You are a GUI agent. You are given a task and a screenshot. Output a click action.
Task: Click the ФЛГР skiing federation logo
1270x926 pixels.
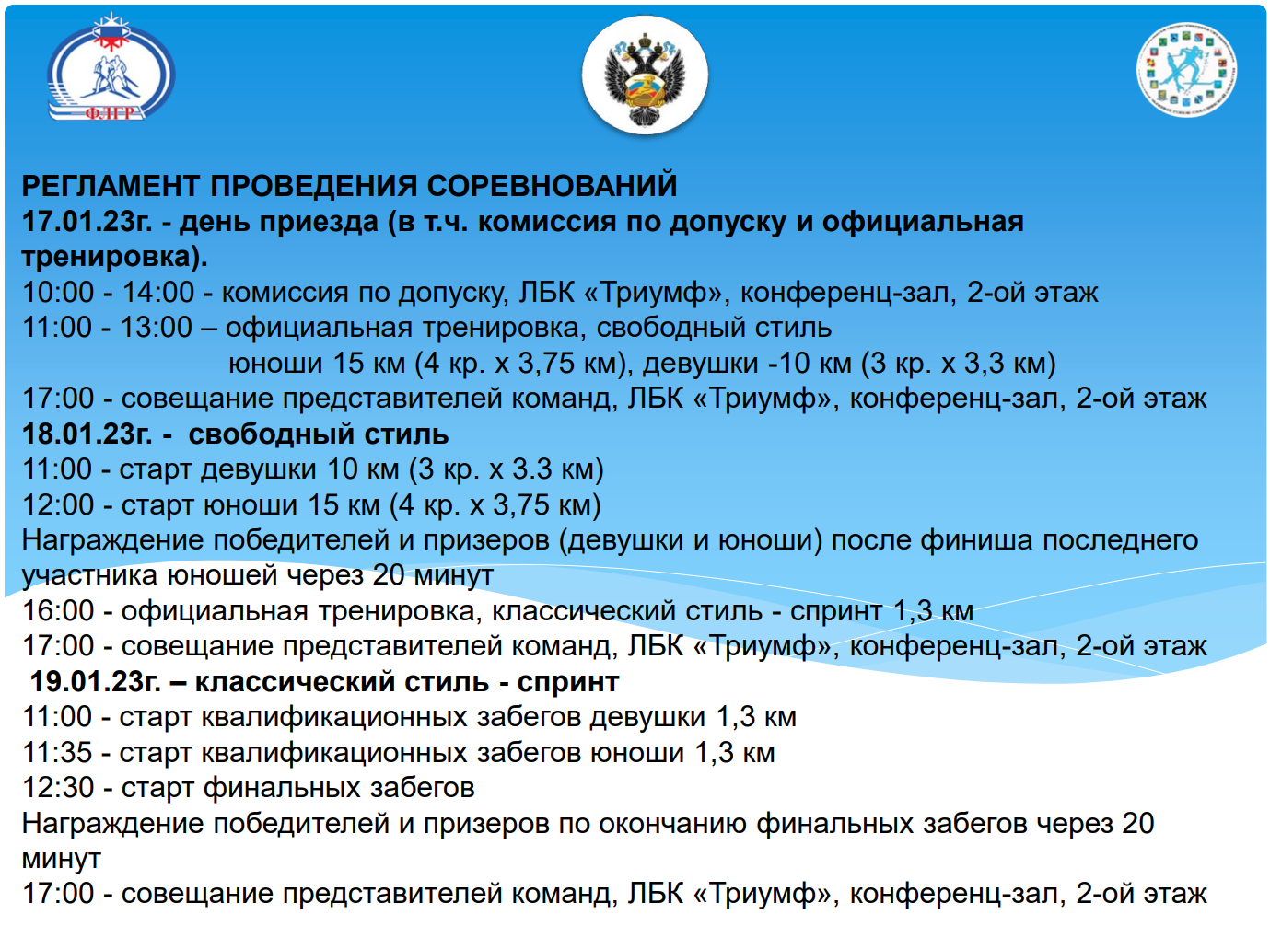(111, 68)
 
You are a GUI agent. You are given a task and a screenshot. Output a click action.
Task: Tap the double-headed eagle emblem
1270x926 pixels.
(645, 75)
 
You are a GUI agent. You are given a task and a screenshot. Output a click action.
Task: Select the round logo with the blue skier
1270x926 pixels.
(1187, 70)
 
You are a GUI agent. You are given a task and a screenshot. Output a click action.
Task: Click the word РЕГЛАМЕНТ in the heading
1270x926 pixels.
(111, 186)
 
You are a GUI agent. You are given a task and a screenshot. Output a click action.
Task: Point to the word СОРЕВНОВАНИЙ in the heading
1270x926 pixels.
(552, 186)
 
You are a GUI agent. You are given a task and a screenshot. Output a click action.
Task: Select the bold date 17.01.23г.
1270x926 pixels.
(87, 222)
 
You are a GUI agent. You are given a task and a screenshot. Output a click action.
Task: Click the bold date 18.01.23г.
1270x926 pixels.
(87, 434)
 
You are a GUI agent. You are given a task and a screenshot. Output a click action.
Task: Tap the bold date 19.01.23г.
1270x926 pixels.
(95, 682)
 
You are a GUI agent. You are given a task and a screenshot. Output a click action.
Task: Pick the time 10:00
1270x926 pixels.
(58, 293)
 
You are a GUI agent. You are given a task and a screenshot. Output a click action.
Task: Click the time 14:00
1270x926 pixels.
(158, 293)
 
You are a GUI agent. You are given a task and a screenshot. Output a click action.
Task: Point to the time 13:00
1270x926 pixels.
(156, 328)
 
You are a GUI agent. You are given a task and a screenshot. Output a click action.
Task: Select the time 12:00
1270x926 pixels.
(58, 505)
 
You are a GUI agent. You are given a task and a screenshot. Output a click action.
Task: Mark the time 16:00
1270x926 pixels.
(58, 611)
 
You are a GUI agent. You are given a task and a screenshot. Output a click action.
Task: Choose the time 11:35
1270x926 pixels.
(57, 753)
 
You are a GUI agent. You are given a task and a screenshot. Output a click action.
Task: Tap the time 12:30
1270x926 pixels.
(58, 788)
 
